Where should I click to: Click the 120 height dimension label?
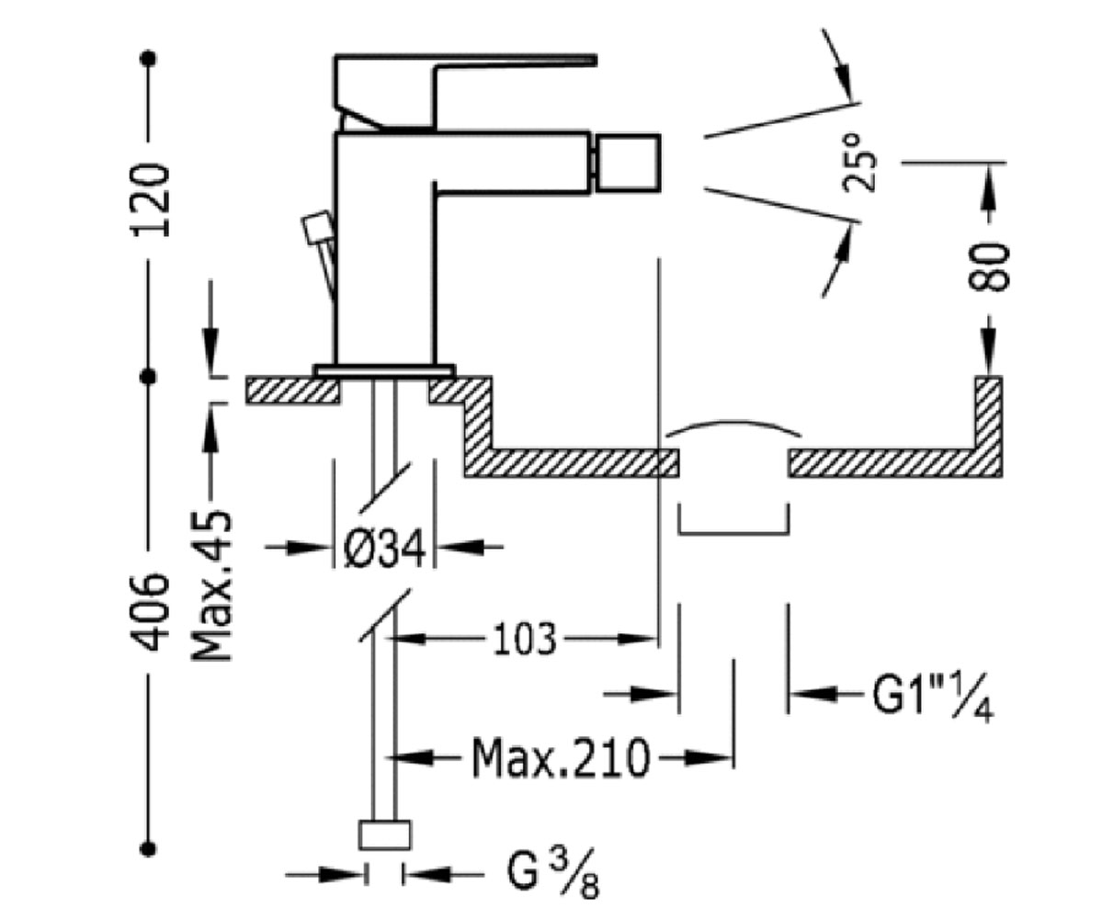150,200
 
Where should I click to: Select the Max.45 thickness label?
211,585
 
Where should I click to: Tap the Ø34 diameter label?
384,549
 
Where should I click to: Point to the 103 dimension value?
525,640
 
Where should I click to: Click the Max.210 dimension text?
560,758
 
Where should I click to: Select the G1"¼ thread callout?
933,695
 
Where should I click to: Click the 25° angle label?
859,163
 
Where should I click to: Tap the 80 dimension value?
988,267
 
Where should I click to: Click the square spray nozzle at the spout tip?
629,163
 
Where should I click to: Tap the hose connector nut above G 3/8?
384,835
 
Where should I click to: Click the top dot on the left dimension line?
149,58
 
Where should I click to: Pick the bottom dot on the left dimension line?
149,849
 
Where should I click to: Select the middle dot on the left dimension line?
149,377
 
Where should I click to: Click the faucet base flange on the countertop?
384,370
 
